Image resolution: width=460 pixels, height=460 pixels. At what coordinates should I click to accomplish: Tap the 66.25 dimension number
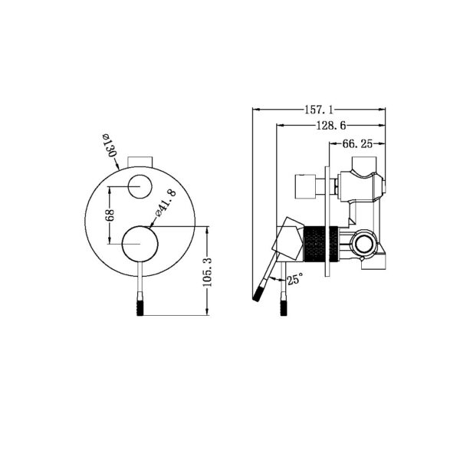357,143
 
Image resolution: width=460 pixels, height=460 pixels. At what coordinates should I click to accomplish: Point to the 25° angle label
294,280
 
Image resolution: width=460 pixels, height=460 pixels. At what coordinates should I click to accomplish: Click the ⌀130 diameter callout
107,146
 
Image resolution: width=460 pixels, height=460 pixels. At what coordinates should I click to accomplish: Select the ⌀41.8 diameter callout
167,204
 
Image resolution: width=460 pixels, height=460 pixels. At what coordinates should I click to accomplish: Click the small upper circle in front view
141,186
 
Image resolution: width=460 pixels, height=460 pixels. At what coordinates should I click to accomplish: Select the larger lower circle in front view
141,245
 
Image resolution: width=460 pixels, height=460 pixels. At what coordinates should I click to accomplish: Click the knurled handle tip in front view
141,301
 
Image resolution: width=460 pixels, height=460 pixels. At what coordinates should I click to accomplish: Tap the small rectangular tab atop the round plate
141,160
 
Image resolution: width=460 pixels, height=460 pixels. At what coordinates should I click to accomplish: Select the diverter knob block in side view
307,186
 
